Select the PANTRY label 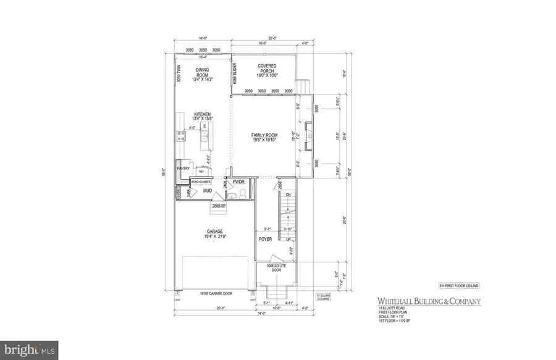pyautogui.click(x=183, y=169)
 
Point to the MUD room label pyautogui.click(x=208, y=191)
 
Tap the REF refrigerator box pyautogui.click(x=201, y=171)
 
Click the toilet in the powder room pyautogui.click(x=243, y=193)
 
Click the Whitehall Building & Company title pyautogui.click(x=426, y=301)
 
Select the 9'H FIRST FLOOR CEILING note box pyautogui.click(x=458, y=285)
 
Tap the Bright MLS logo pyautogui.click(x=29, y=350)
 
